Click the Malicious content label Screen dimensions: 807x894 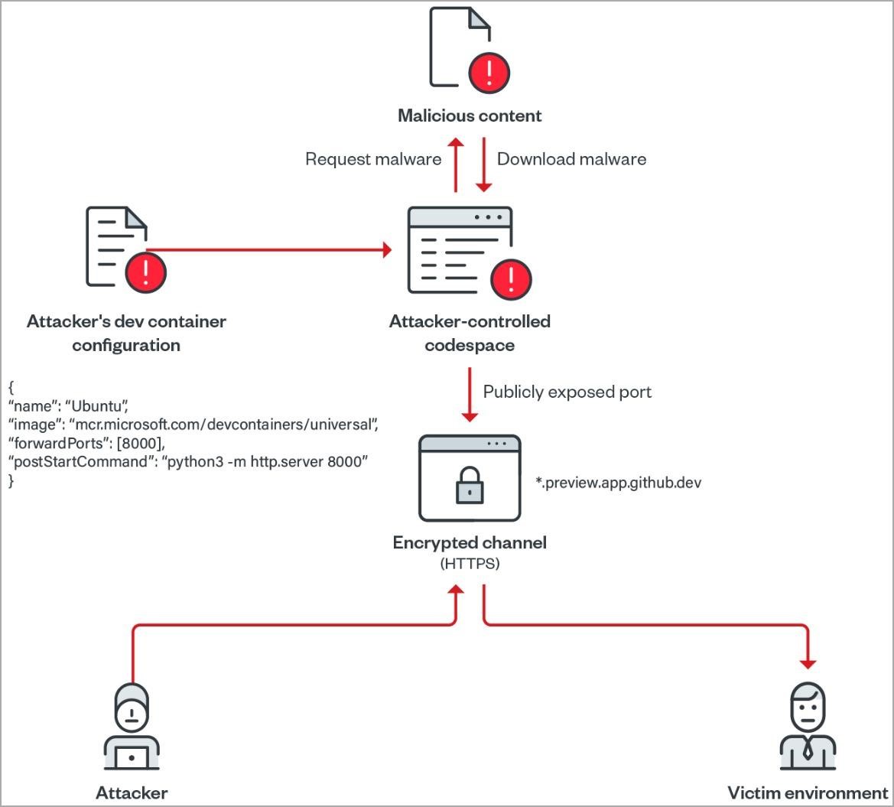pyautogui.click(x=470, y=116)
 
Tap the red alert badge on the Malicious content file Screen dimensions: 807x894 pyautogui.click(x=489, y=73)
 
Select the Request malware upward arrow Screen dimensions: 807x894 pyautogui.click(x=456, y=164)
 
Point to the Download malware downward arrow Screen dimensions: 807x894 pyautogui.click(x=483, y=164)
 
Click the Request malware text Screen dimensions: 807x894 pyautogui.click(x=373, y=159)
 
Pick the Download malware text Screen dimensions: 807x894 pyautogui.click(x=571, y=159)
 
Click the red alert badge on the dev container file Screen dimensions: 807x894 pyautogui.click(x=145, y=272)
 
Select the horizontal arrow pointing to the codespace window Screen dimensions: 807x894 pyautogui.click(x=268, y=249)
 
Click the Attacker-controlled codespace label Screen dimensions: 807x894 pyautogui.click(x=470, y=333)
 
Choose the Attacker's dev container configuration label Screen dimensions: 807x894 pyautogui.click(x=126, y=333)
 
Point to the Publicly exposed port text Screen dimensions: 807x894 pyautogui.click(x=567, y=392)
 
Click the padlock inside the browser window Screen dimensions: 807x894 pyautogui.click(x=470, y=486)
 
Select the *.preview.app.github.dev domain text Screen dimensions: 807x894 pyautogui.click(x=618, y=483)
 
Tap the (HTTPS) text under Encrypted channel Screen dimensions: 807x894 pyautogui.click(x=470, y=564)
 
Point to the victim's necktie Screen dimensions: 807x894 pyautogui.click(x=808, y=749)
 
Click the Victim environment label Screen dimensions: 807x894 pyautogui.click(x=808, y=792)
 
